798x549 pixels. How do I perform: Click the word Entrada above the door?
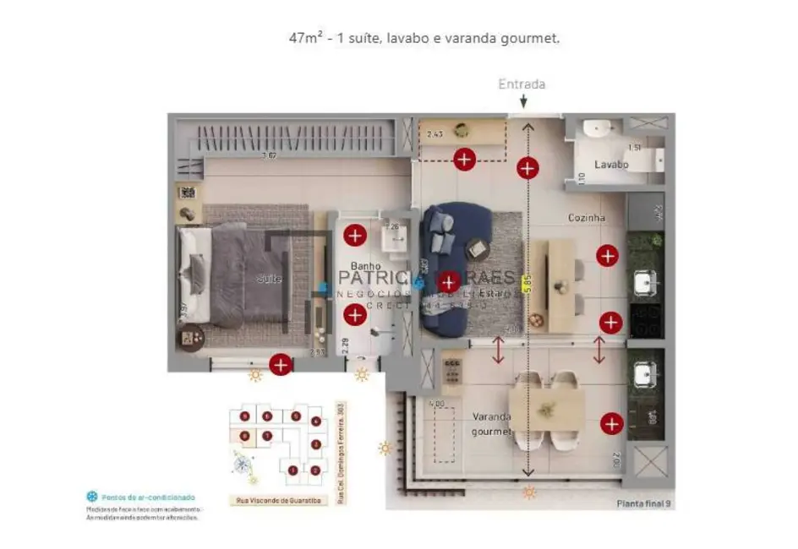click(x=522, y=84)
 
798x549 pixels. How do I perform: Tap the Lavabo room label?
click(x=610, y=165)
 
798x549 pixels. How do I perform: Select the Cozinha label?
click(x=586, y=218)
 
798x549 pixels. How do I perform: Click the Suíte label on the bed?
click(x=269, y=279)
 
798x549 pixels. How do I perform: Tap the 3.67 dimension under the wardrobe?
click(x=269, y=155)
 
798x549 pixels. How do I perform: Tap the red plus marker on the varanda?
click(x=611, y=424)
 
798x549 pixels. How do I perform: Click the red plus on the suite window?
click(x=281, y=365)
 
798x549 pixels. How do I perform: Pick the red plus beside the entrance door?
click(x=527, y=168)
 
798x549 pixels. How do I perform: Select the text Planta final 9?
click(x=644, y=503)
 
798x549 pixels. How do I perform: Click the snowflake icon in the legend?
click(x=91, y=497)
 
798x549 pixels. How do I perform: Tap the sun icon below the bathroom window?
click(x=362, y=375)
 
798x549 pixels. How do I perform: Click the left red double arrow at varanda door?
click(x=499, y=350)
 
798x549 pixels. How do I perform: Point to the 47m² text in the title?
click(x=306, y=39)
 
